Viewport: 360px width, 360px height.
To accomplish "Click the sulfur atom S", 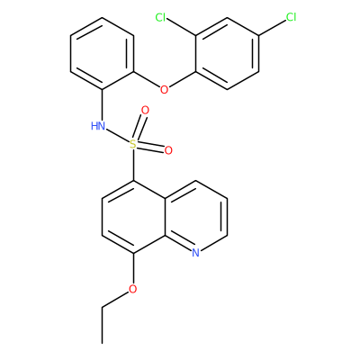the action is [x=133, y=145].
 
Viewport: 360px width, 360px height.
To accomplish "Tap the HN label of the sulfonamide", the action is [x=98, y=126].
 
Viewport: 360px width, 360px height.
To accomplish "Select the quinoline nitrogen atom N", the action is [x=195, y=253].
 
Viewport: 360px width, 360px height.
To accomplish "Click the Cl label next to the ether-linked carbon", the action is [x=160, y=18].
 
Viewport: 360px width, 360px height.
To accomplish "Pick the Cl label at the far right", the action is [x=291, y=17].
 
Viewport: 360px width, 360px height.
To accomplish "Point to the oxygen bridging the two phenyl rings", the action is [x=164, y=90].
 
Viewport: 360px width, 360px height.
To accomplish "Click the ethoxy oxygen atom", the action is [x=132, y=289].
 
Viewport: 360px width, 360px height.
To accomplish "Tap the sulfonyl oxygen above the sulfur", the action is [x=145, y=111].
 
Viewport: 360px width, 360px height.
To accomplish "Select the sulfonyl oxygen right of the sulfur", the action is [x=168, y=150].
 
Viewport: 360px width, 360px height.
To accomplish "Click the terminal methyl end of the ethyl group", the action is [x=103, y=343].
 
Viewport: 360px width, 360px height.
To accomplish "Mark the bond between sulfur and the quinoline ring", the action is [x=133, y=166].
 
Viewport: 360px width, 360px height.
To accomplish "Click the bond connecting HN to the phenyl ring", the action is [x=103, y=105].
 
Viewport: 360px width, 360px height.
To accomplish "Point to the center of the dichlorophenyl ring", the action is [x=227, y=54].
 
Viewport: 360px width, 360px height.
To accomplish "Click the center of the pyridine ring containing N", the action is [x=195, y=217].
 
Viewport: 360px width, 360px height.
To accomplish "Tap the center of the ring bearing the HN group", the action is [x=103, y=54].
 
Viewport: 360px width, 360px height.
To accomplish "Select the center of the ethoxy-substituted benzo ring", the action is [x=133, y=217].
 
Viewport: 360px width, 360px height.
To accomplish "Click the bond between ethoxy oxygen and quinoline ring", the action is [x=133, y=268].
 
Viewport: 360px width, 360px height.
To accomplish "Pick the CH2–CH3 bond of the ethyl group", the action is [x=103, y=325].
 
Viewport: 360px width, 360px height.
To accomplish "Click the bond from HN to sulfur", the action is [x=118, y=136].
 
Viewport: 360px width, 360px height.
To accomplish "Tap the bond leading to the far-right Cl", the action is [x=272, y=28].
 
